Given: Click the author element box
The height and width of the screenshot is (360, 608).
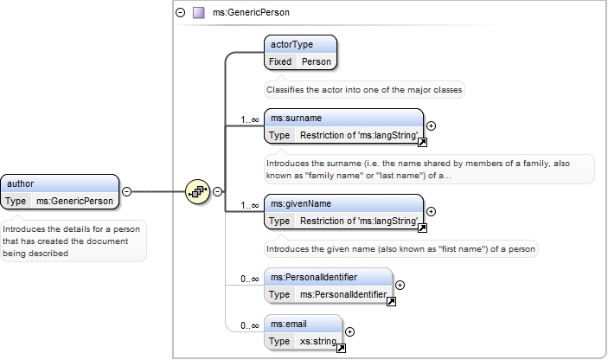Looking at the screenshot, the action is (60, 192).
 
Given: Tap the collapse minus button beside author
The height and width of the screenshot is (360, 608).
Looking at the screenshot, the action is (127, 191).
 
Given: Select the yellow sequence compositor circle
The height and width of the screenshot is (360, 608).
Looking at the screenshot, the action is (197, 191).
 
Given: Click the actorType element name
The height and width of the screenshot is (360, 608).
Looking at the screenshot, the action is (291, 45).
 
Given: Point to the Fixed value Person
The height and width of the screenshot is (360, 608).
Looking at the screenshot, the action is (317, 61).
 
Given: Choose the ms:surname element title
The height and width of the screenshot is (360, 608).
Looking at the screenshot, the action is (297, 119).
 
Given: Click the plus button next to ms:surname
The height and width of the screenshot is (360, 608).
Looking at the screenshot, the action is (431, 125).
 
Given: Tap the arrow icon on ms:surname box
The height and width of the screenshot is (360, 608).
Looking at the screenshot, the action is (422, 143).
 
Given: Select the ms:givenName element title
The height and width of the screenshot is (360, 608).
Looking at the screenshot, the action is (301, 204).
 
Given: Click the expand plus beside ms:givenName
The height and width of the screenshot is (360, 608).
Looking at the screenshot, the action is (431, 211).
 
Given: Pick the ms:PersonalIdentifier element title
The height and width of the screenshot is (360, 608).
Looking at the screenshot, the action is (314, 278).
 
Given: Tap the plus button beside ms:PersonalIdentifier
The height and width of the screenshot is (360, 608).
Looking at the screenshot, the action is (400, 285).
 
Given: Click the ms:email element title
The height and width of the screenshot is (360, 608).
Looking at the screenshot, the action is (289, 325).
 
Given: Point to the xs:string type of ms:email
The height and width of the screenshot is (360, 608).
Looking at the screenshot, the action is (318, 341).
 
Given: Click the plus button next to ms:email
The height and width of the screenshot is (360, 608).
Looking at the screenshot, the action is (349, 331).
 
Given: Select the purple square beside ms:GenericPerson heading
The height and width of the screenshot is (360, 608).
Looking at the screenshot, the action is (199, 12).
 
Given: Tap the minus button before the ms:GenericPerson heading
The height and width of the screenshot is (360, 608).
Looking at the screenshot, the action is (180, 12).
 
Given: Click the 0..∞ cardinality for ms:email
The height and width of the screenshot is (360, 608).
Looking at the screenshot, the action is (250, 326).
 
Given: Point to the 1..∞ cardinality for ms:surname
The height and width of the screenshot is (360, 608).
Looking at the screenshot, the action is (250, 120).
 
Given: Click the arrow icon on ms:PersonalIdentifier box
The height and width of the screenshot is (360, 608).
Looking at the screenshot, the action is (391, 301).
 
